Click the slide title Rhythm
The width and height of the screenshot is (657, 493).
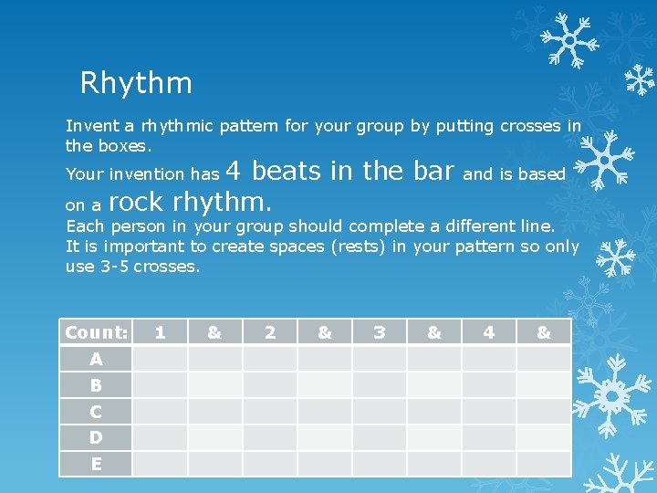click(x=136, y=84)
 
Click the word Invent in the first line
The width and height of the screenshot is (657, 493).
click(x=87, y=127)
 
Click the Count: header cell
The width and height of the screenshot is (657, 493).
click(x=96, y=332)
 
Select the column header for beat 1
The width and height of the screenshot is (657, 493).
click(x=161, y=332)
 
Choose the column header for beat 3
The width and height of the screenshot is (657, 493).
click(x=380, y=332)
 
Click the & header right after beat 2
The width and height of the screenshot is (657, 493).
click(x=325, y=332)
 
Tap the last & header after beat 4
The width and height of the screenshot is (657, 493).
click(x=544, y=332)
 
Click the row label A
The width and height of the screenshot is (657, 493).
click(x=96, y=359)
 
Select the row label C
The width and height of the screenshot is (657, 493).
click(x=96, y=411)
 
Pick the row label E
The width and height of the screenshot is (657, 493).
click(x=96, y=464)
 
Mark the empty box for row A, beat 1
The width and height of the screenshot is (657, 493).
click(x=161, y=359)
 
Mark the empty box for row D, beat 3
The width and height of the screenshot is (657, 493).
click(x=380, y=437)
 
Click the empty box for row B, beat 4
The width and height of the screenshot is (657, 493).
click(x=489, y=385)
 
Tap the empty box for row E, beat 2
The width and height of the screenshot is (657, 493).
click(x=270, y=464)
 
